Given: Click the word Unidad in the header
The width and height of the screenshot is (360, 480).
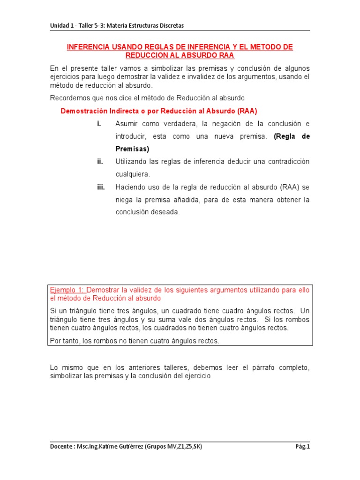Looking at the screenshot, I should click(x=60, y=25).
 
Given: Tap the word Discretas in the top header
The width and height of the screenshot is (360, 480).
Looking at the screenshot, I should click(x=171, y=25).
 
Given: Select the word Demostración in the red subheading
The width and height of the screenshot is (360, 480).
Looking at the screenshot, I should click(x=87, y=111).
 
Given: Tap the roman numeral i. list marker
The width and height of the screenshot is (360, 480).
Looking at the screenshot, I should click(x=99, y=124).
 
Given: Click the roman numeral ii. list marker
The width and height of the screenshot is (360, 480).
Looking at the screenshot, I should click(x=100, y=161).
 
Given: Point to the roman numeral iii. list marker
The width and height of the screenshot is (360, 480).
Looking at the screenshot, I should click(x=100, y=187).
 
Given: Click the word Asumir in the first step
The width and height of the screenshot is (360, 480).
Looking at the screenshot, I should click(x=127, y=124).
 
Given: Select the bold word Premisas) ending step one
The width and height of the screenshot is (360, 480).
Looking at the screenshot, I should click(x=132, y=149).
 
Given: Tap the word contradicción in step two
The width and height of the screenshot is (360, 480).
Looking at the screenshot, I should click(x=287, y=161).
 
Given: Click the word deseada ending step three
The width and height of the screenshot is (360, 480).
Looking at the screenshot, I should click(x=164, y=212).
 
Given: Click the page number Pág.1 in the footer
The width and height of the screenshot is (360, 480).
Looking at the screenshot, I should click(x=302, y=447).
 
